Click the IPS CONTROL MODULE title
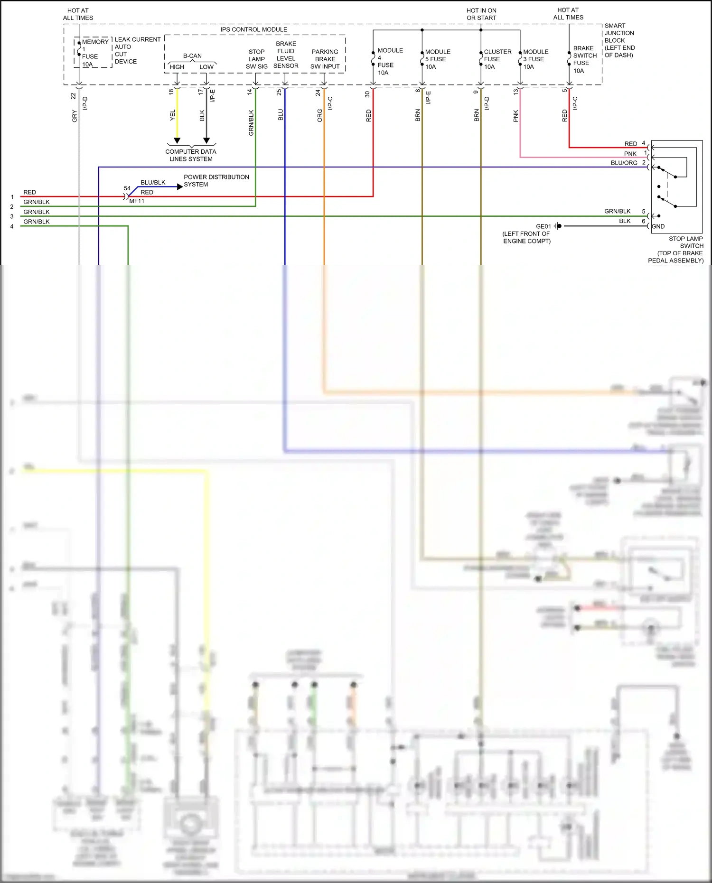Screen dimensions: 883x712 tap(253, 29)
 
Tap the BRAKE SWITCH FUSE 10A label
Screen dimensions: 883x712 tap(584, 59)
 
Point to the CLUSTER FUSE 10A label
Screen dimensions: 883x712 tap(497, 59)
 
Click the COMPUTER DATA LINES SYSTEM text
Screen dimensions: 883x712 tap(191, 155)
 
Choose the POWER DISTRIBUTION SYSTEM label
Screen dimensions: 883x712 tap(216, 180)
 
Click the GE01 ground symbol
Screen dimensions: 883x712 tap(558, 226)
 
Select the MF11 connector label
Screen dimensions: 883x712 tap(137, 201)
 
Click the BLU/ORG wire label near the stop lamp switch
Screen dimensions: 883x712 tap(624, 163)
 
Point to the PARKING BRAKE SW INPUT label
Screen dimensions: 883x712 tap(325, 59)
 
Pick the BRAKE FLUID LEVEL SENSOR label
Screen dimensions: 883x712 tap(286, 55)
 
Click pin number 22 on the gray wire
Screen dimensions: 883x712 tap(73, 96)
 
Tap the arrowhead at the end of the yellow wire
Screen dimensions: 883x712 tap(177, 140)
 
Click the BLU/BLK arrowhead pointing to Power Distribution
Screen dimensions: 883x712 tap(179, 187)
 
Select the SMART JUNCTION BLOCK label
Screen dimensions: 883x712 tap(619, 40)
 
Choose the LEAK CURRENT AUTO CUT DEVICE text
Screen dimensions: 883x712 tap(137, 50)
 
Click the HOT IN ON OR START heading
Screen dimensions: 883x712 tap(481, 14)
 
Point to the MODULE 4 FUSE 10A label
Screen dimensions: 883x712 tap(390, 61)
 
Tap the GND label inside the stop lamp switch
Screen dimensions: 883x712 tap(658, 226)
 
